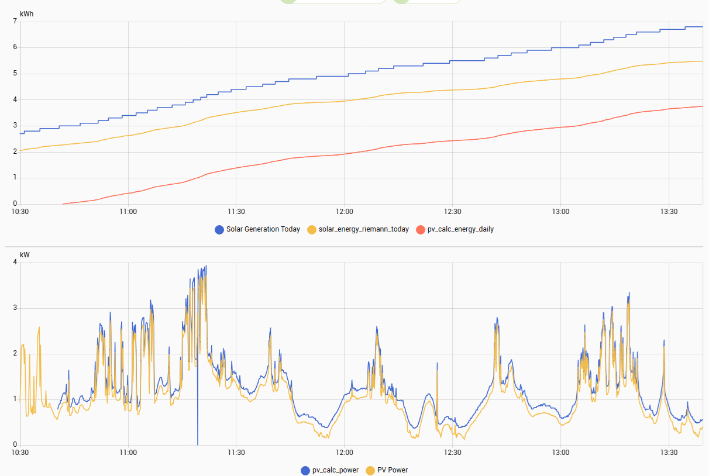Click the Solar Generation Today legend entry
[257, 229]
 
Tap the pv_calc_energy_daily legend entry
[455, 229]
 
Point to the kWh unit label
[27, 13]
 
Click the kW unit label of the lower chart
[25, 255]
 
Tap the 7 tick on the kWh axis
[15, 21]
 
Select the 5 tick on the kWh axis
[15, 74]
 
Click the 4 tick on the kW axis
[15, 263]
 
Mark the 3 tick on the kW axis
[15, 308]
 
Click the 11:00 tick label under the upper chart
[128, 211]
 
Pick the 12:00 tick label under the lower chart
[344, 452]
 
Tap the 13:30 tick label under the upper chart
[669, 211]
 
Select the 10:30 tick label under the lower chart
[20, 452]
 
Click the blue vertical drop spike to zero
[197, 409]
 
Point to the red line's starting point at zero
[63, 204]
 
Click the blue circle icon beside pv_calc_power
[305, 470]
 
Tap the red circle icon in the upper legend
[420, 229]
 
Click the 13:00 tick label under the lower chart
[560, 452]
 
